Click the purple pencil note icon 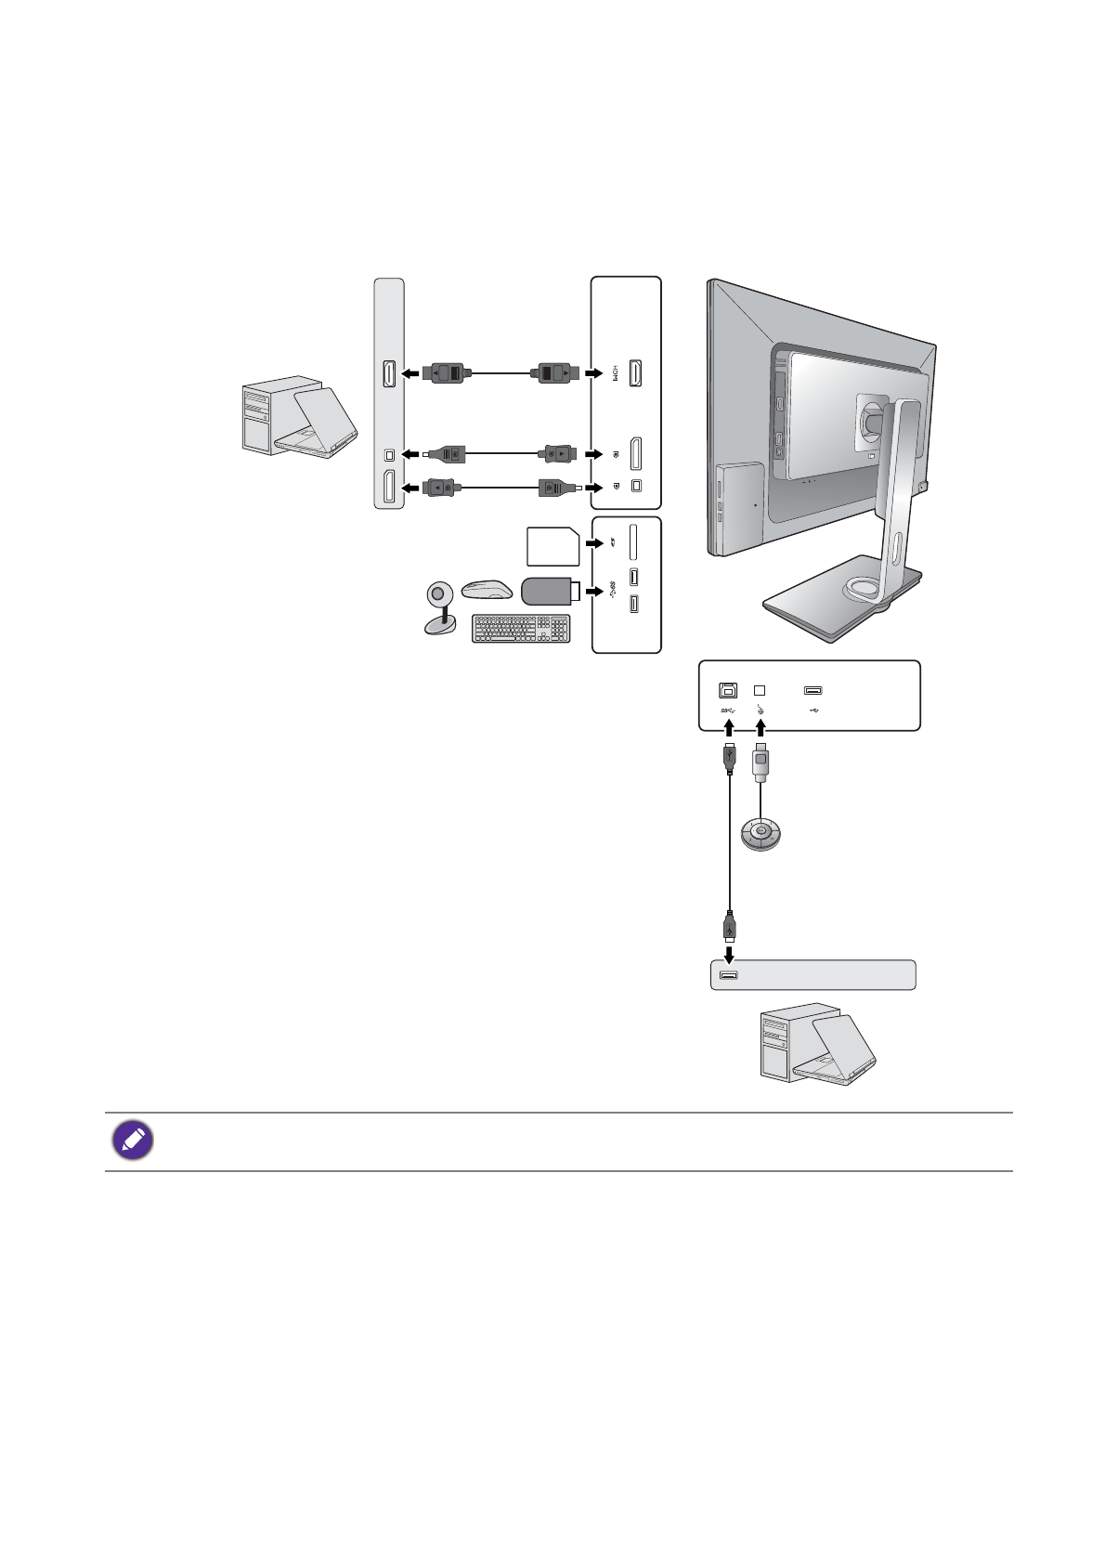pos(133,1140)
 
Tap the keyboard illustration pos(520,629)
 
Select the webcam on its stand pos(439,607)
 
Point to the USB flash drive pos(550,591)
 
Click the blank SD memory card pos(552,546)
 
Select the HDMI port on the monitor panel pos(636,373)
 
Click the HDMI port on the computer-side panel pos(389,373)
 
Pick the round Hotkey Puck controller pos(760,832)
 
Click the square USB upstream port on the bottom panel pos(728,690)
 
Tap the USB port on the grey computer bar pos(728,975)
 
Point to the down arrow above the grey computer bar pos(730,953)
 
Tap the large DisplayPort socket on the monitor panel pos(636,454)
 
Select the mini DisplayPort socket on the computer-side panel pos(389,454)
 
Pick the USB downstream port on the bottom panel pos(813,690)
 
